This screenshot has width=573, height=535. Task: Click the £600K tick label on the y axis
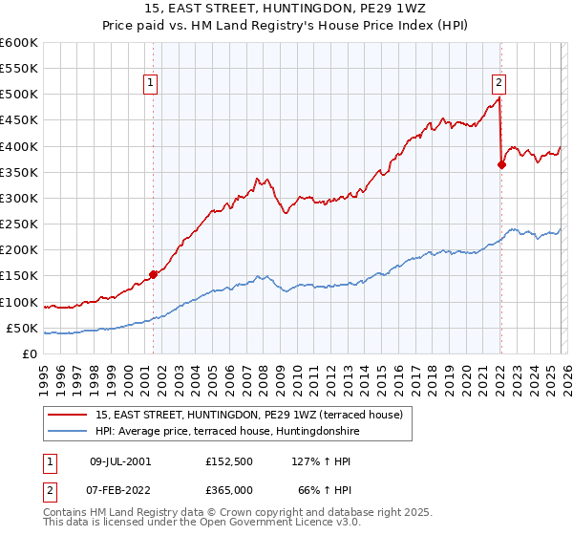(x=19, y=43)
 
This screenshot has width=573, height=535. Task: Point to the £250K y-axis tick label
(x=19, y=224)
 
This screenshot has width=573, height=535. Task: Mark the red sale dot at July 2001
(x=153, y=275)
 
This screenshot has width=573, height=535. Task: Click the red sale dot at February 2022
(x=501, y=164)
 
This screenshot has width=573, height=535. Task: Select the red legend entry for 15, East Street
(x=249, y=415)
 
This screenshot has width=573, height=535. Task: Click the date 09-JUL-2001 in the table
(x=121, y=460)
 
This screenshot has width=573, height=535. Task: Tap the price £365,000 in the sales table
(x=228, y=489)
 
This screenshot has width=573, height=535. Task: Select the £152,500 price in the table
(x=228, y=460)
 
